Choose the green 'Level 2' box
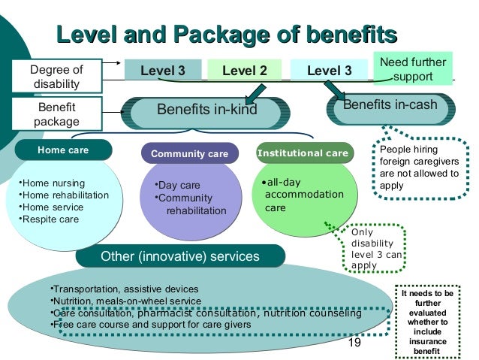(x=245, y=71)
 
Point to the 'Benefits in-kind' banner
(x=206, y=110)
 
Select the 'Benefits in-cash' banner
(x=390, y=106)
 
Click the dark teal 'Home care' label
(x=63, y=150)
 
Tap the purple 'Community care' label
(x=189, y=154)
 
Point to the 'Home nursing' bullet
(x=53, y=183)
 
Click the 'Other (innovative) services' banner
(x=179, y=257)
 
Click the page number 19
(x=354, y=343)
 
